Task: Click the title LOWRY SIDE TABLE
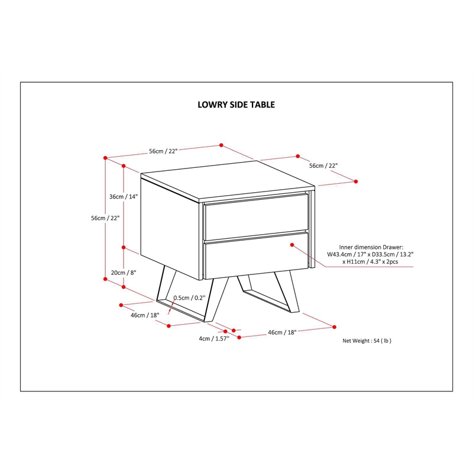click(236, 105)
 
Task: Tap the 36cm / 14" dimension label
click(124, 197)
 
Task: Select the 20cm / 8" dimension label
click(124, 273)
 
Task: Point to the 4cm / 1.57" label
click(214, 339)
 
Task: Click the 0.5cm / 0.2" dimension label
click(189, 298)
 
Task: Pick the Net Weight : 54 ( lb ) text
click(367, 341)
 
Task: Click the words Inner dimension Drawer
click(371, 247)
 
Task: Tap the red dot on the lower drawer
click(292, 245)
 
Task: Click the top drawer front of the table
click(257, 216)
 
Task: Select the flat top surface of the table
click(228, 180)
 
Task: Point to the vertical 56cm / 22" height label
click(105, 218)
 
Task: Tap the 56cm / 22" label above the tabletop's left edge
click(163, 151)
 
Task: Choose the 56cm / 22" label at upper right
click(323, 166)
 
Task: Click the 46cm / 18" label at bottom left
click(145, 315)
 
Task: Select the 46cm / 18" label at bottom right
click(283, 332)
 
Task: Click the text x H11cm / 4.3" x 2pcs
click(370, 262)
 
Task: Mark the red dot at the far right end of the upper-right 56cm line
click(356, 182)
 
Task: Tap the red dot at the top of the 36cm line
click(124, 166)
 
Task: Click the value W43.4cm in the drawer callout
click(339, 255)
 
